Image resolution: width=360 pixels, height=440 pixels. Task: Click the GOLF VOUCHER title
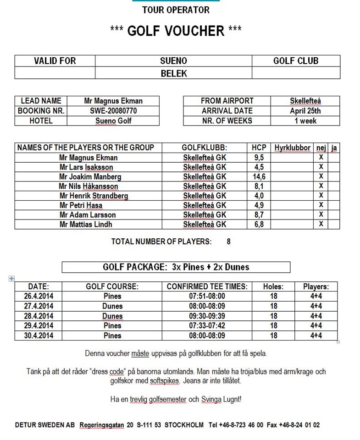[x=176, y=31]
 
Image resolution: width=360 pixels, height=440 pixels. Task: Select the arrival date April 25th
[x=305, y=111]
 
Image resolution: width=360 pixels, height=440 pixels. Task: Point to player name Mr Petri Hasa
[x=81, y=205]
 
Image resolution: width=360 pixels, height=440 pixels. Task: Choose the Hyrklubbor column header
[x=293, y=148]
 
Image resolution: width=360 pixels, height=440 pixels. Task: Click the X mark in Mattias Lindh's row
[x=321, y=224]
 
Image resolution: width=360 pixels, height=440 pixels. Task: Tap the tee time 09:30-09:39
[x=207, y=316]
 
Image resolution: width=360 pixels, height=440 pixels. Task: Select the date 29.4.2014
[x=39, y=326]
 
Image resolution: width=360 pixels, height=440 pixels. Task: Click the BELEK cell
[x=174, y=73]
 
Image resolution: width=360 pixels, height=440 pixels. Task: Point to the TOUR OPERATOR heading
[x=176, y=10]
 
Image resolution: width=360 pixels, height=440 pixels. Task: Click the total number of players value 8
[x=228, y=242]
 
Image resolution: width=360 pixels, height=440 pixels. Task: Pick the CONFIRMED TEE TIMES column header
[x=207, y=286]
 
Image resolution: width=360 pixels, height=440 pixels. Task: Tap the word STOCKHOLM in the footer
[x=184, y=425]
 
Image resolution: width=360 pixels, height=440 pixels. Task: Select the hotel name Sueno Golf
[x=113, y=121]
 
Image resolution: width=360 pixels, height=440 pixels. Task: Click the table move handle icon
[x=11, y=278]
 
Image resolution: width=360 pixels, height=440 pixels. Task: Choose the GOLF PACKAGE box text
[x=176, y=267]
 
